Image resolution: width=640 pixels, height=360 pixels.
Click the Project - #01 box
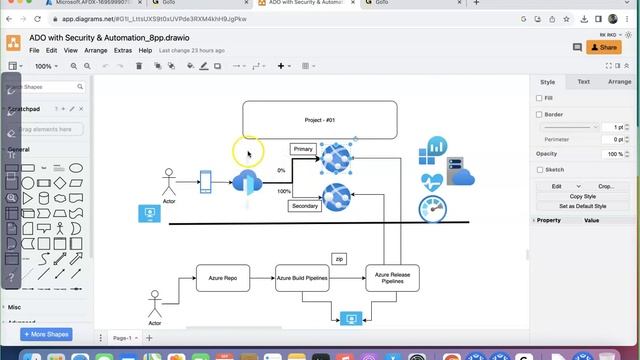coord(319,120)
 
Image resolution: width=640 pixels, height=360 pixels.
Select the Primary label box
coord(303,149)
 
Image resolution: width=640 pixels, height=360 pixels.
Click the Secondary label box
coord(305,206)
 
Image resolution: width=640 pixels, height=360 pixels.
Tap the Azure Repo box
coord(222,278)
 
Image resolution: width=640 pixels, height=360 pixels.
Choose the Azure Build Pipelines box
coord(302,278)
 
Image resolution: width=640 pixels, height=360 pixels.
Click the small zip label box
coord(339,258)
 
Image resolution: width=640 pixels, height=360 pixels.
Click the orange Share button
coord(604,47)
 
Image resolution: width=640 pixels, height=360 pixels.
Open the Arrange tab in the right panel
coord(619,82)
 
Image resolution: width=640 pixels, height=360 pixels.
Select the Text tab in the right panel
coord(583,82)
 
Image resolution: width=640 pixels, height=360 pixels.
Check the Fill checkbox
coord(540,98)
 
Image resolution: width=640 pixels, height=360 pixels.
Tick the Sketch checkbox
coord(540,170)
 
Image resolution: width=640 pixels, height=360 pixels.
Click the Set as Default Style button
coord(582,206)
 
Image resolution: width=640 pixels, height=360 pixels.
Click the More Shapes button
coord(45,334)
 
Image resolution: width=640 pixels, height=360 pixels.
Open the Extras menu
coord(123,50)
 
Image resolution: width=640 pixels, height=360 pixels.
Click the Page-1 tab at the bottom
coord(122,338)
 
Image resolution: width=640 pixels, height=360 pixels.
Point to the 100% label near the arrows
coord(284,191)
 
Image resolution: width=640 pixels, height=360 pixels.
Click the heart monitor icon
coord(432,182)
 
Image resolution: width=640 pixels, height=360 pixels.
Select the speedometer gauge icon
coord(433,209)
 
